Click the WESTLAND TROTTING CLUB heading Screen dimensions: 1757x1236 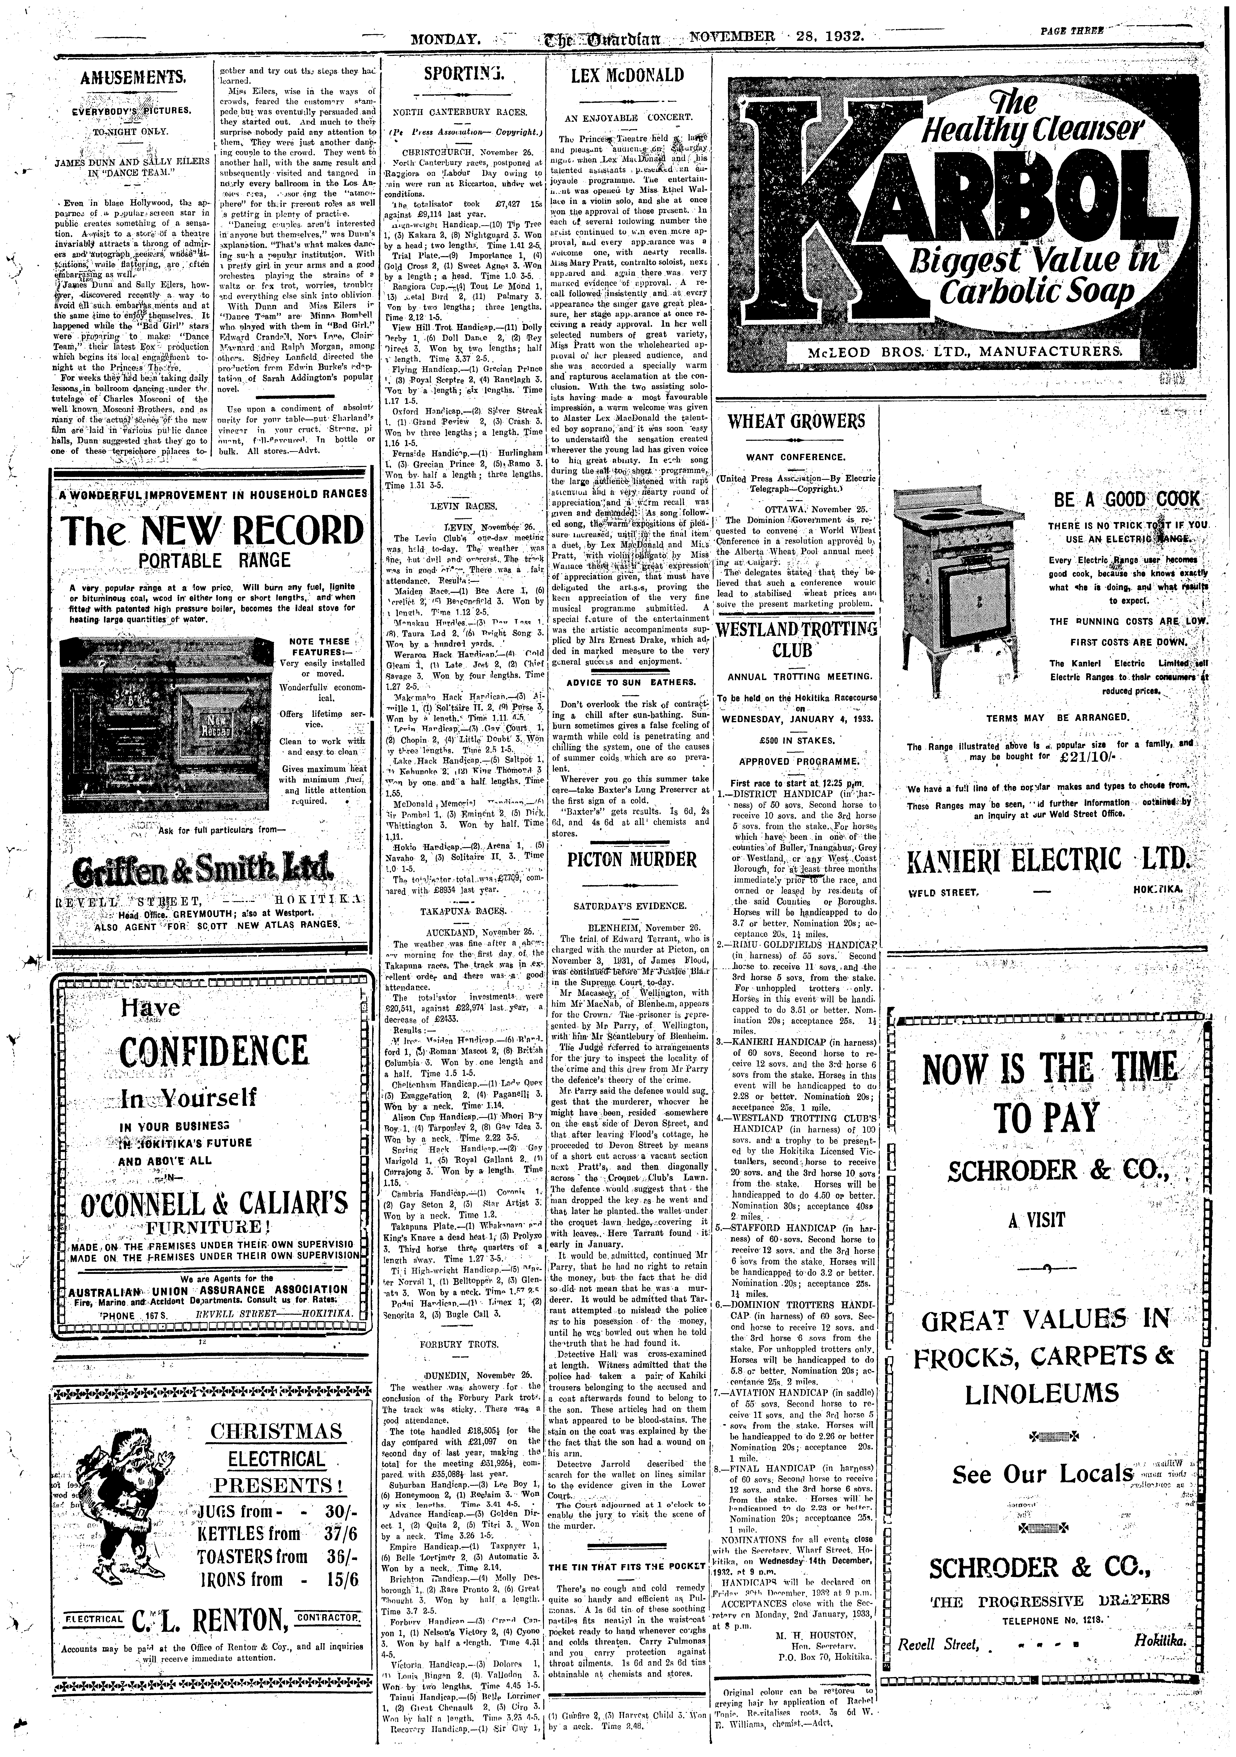[x=796, y=641]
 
